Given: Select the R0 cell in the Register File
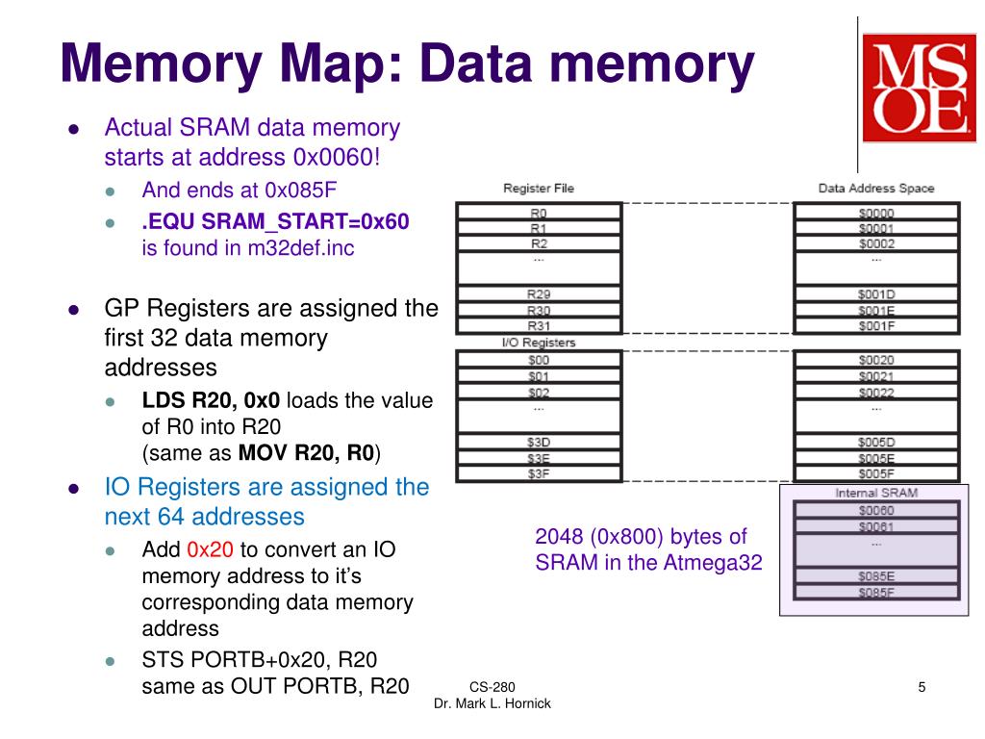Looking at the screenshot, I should (x=539, y=213).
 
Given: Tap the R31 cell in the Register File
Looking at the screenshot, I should (x=539, y=326).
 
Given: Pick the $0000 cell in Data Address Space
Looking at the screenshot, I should (x=875, y=213).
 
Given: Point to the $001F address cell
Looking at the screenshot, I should (x=875, y=326).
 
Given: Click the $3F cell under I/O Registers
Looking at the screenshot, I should (x=539, y=472).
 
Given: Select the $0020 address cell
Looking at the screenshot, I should (x=875, y=360).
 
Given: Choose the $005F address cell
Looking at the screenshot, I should (x=875, y=472).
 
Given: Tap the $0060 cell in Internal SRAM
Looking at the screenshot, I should (x=875, y=510).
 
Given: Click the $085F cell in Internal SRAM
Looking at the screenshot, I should (x=875, y=592).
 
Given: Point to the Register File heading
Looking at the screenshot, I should (x=539, y=189).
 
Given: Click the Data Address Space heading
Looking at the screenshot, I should (x=875, y=189).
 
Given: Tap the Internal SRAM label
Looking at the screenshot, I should (x=875, y=493).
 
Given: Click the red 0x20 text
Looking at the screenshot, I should (x=210, y=550).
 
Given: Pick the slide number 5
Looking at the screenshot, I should (x=922, y=686).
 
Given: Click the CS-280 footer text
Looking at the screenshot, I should (x=492, y=687).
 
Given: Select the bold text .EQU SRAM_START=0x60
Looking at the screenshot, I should (x=275, y=222).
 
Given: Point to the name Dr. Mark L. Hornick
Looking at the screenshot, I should (x=492, y=703).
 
